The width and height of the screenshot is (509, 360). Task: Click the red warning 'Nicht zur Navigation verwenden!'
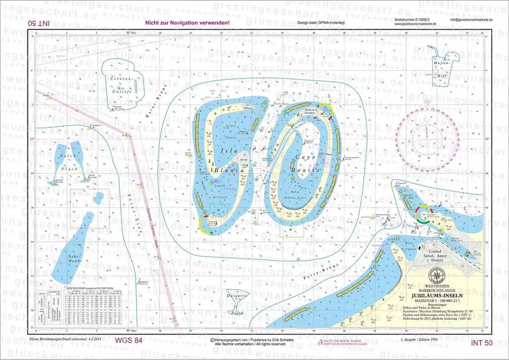point(187,23)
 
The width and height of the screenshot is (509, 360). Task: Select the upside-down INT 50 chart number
point(39,23)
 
